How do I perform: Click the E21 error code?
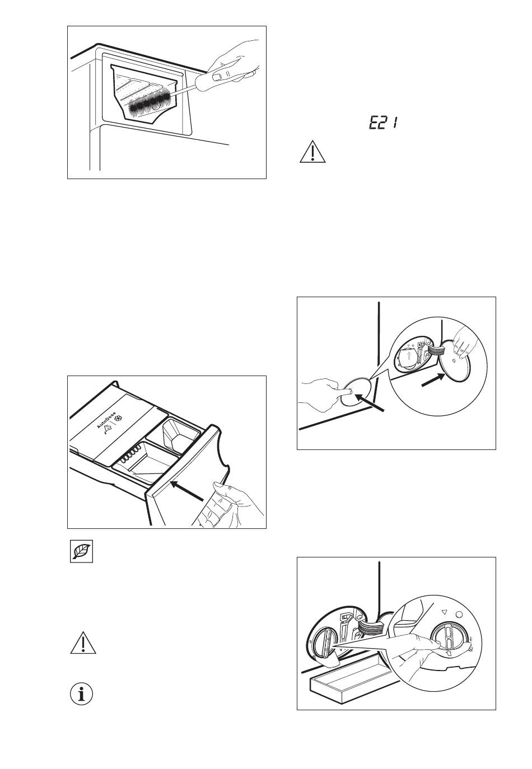coord(382,123)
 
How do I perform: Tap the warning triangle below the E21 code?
coord(312,152)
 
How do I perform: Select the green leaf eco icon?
coord(81,552)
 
